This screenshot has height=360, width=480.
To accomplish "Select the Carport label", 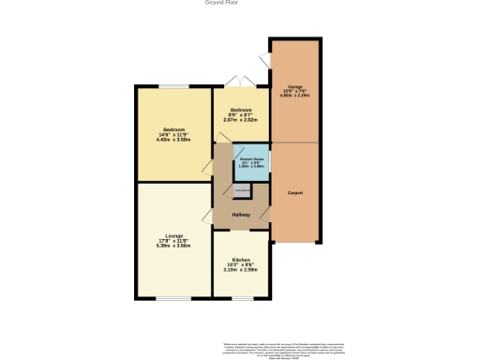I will (x=295, y=192).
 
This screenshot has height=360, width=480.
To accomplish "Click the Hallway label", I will (x=241, y=216).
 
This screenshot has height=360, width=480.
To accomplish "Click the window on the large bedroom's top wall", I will (x=173, y=86).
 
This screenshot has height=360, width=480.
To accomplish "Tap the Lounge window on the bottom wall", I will (x=173, y=298).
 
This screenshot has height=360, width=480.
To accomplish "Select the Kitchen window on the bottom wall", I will (x=241, y=298).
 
